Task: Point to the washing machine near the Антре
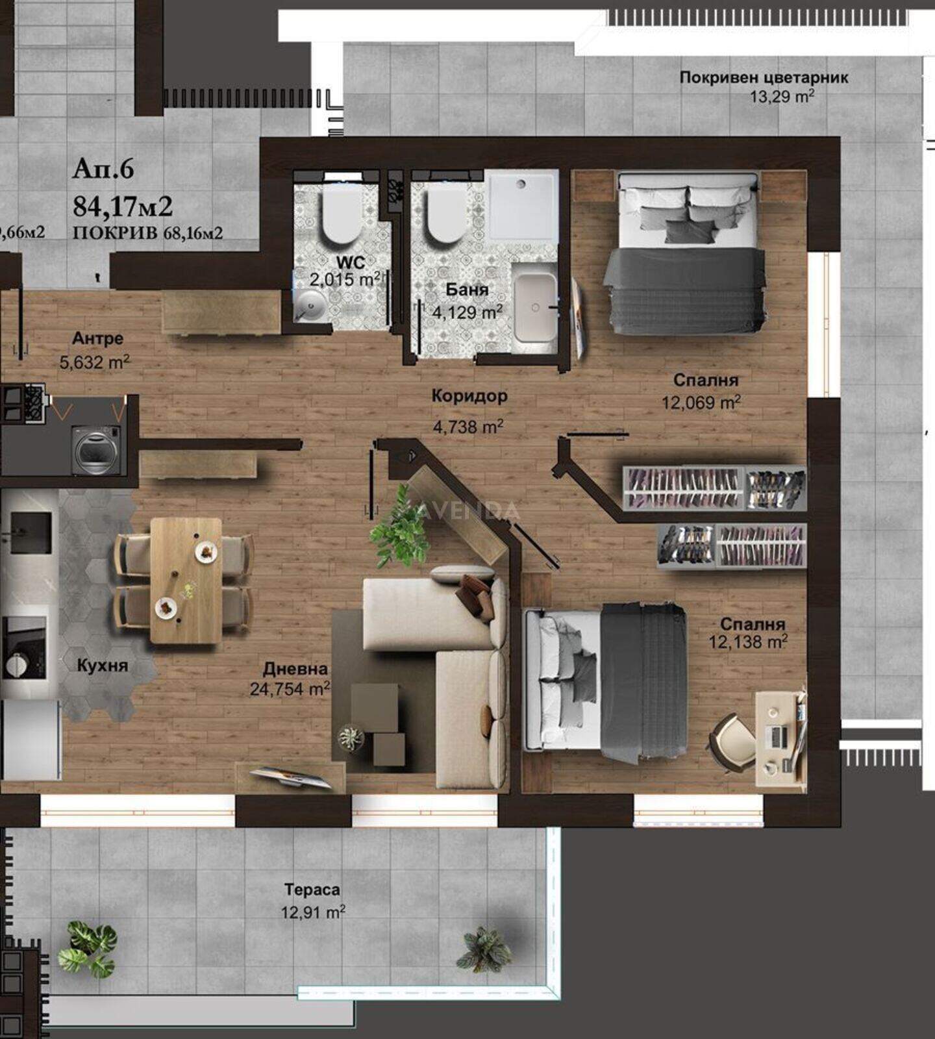[97, 449]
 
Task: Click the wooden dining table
[186, 580]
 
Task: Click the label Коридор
[469, 395]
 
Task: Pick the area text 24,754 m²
[290, 688]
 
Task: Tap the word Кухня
[103, 666]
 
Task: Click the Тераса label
[312, 890]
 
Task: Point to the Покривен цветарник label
[764, 77]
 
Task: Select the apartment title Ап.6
[103, 168]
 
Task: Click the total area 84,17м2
[123, 206]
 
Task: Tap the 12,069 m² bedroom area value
[701, 403]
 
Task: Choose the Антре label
[97, 338]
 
